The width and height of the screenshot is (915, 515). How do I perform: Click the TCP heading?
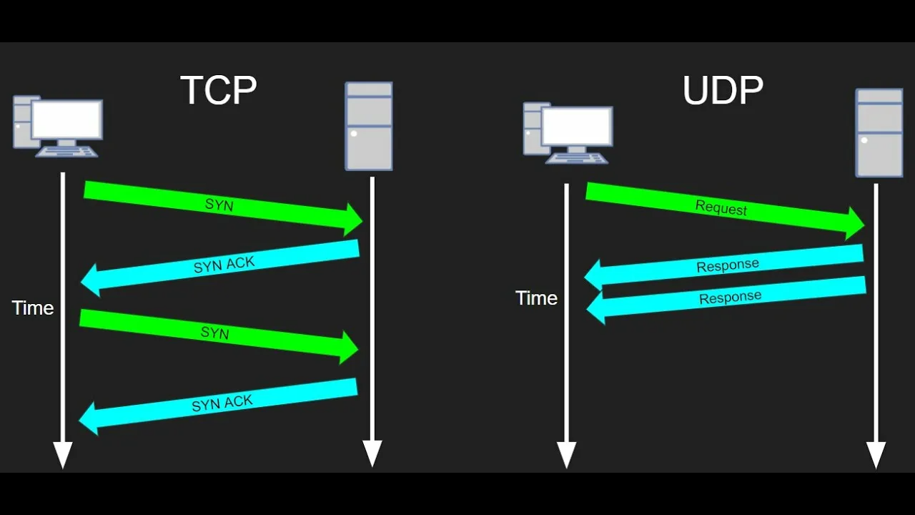(218, 90)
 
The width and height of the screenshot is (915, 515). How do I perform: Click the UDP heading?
(723, 90)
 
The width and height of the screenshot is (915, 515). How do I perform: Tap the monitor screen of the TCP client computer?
(66, 119)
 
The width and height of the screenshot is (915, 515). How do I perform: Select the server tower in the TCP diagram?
(369, 126)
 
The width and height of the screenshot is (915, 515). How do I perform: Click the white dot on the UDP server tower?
(864, 140)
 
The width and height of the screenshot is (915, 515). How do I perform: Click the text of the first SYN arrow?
(219, 205)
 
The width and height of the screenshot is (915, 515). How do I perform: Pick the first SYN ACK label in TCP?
(224, 265)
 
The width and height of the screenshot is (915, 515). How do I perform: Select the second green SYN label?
(214, 333)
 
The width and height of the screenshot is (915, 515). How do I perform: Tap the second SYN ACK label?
(222, 403)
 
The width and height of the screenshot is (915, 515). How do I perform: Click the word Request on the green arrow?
(721, 208)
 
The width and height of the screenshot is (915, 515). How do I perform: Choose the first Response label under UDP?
(728, 265)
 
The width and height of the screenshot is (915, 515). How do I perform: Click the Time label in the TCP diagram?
(33, 308)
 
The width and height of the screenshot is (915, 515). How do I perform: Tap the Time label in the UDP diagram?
(536, 298)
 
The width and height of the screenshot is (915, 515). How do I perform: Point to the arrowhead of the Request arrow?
(855, 223)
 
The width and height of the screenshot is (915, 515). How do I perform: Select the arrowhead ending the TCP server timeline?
(372, 453)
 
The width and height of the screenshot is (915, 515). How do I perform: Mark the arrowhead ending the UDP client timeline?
(566, 455)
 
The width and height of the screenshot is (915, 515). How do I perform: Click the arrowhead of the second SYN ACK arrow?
(89, 419)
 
